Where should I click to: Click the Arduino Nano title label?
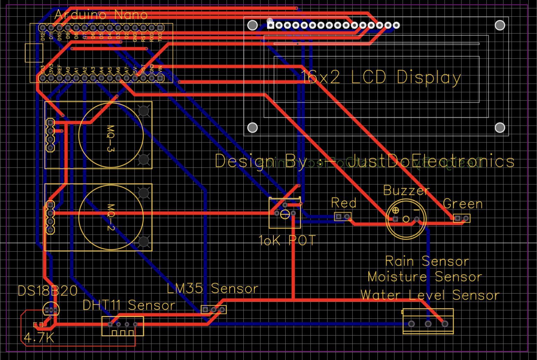(x=101, y=15)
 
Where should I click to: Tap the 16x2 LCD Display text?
(x=381, y=77)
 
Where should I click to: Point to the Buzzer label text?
(x=406, y=191)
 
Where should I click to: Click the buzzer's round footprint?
(x=406, y=219)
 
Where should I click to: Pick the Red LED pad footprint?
(x=342, y=217)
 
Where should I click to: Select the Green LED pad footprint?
(x=461, y=219)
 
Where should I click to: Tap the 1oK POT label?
(x=287, y=241)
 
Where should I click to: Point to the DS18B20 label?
(x=48, y=291)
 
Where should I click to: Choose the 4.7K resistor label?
(x=39, y=338)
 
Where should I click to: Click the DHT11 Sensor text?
(x=129, y=305)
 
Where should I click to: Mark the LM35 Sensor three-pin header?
(x=214, y=310)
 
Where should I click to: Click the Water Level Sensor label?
(x=430, y=295)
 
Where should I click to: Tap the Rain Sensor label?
(x=427, y=261)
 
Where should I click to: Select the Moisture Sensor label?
(x=425, y=277)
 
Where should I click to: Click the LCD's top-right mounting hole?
(x=500, y=25)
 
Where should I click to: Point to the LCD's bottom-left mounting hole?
(x=252, y=128)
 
